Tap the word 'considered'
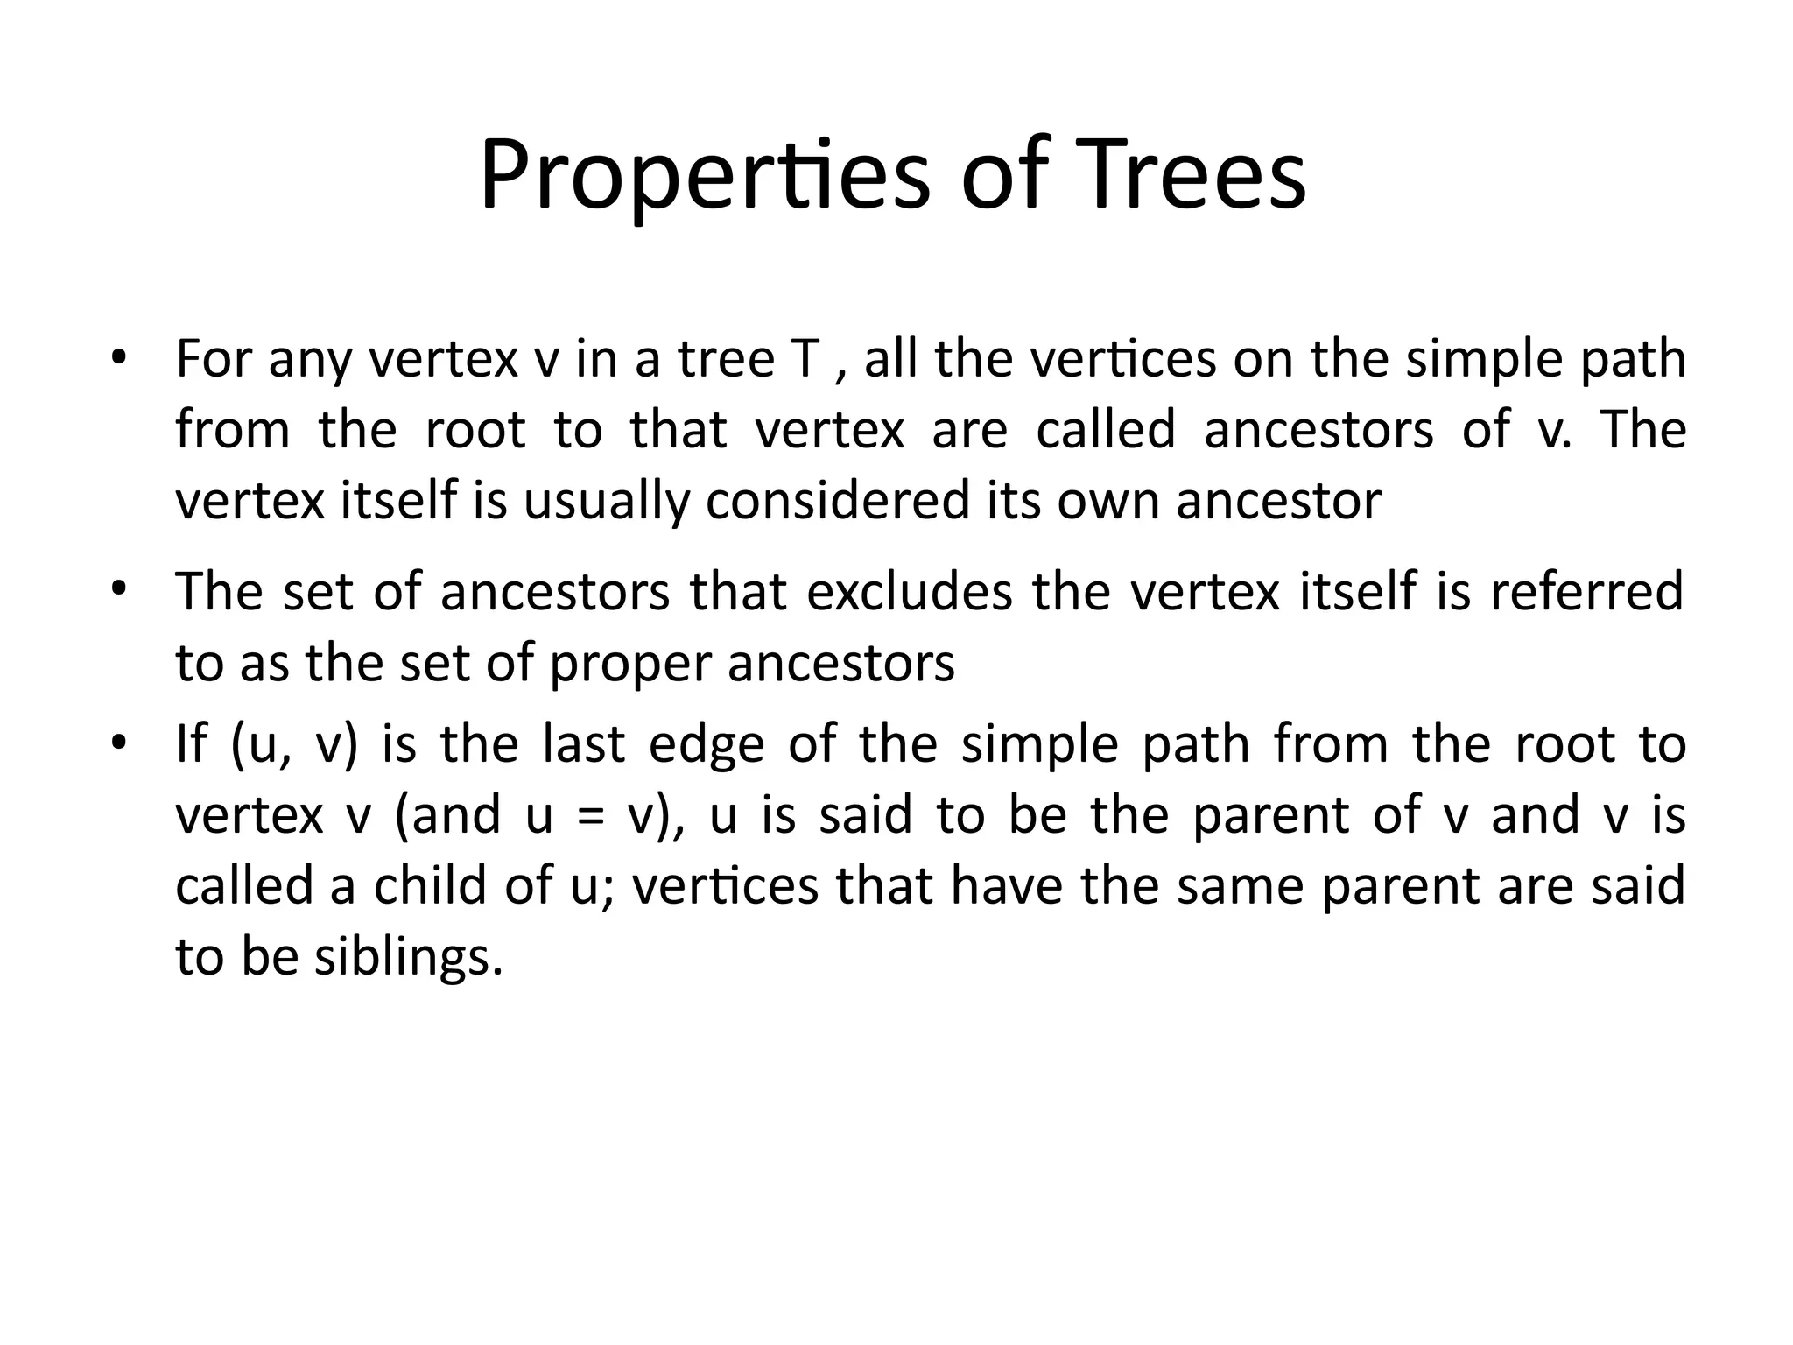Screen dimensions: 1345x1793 point(839,501)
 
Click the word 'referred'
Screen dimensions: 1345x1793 point(1586,591)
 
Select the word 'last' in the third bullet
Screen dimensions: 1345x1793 point(583,744)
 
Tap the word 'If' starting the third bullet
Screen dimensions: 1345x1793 point(191,744)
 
